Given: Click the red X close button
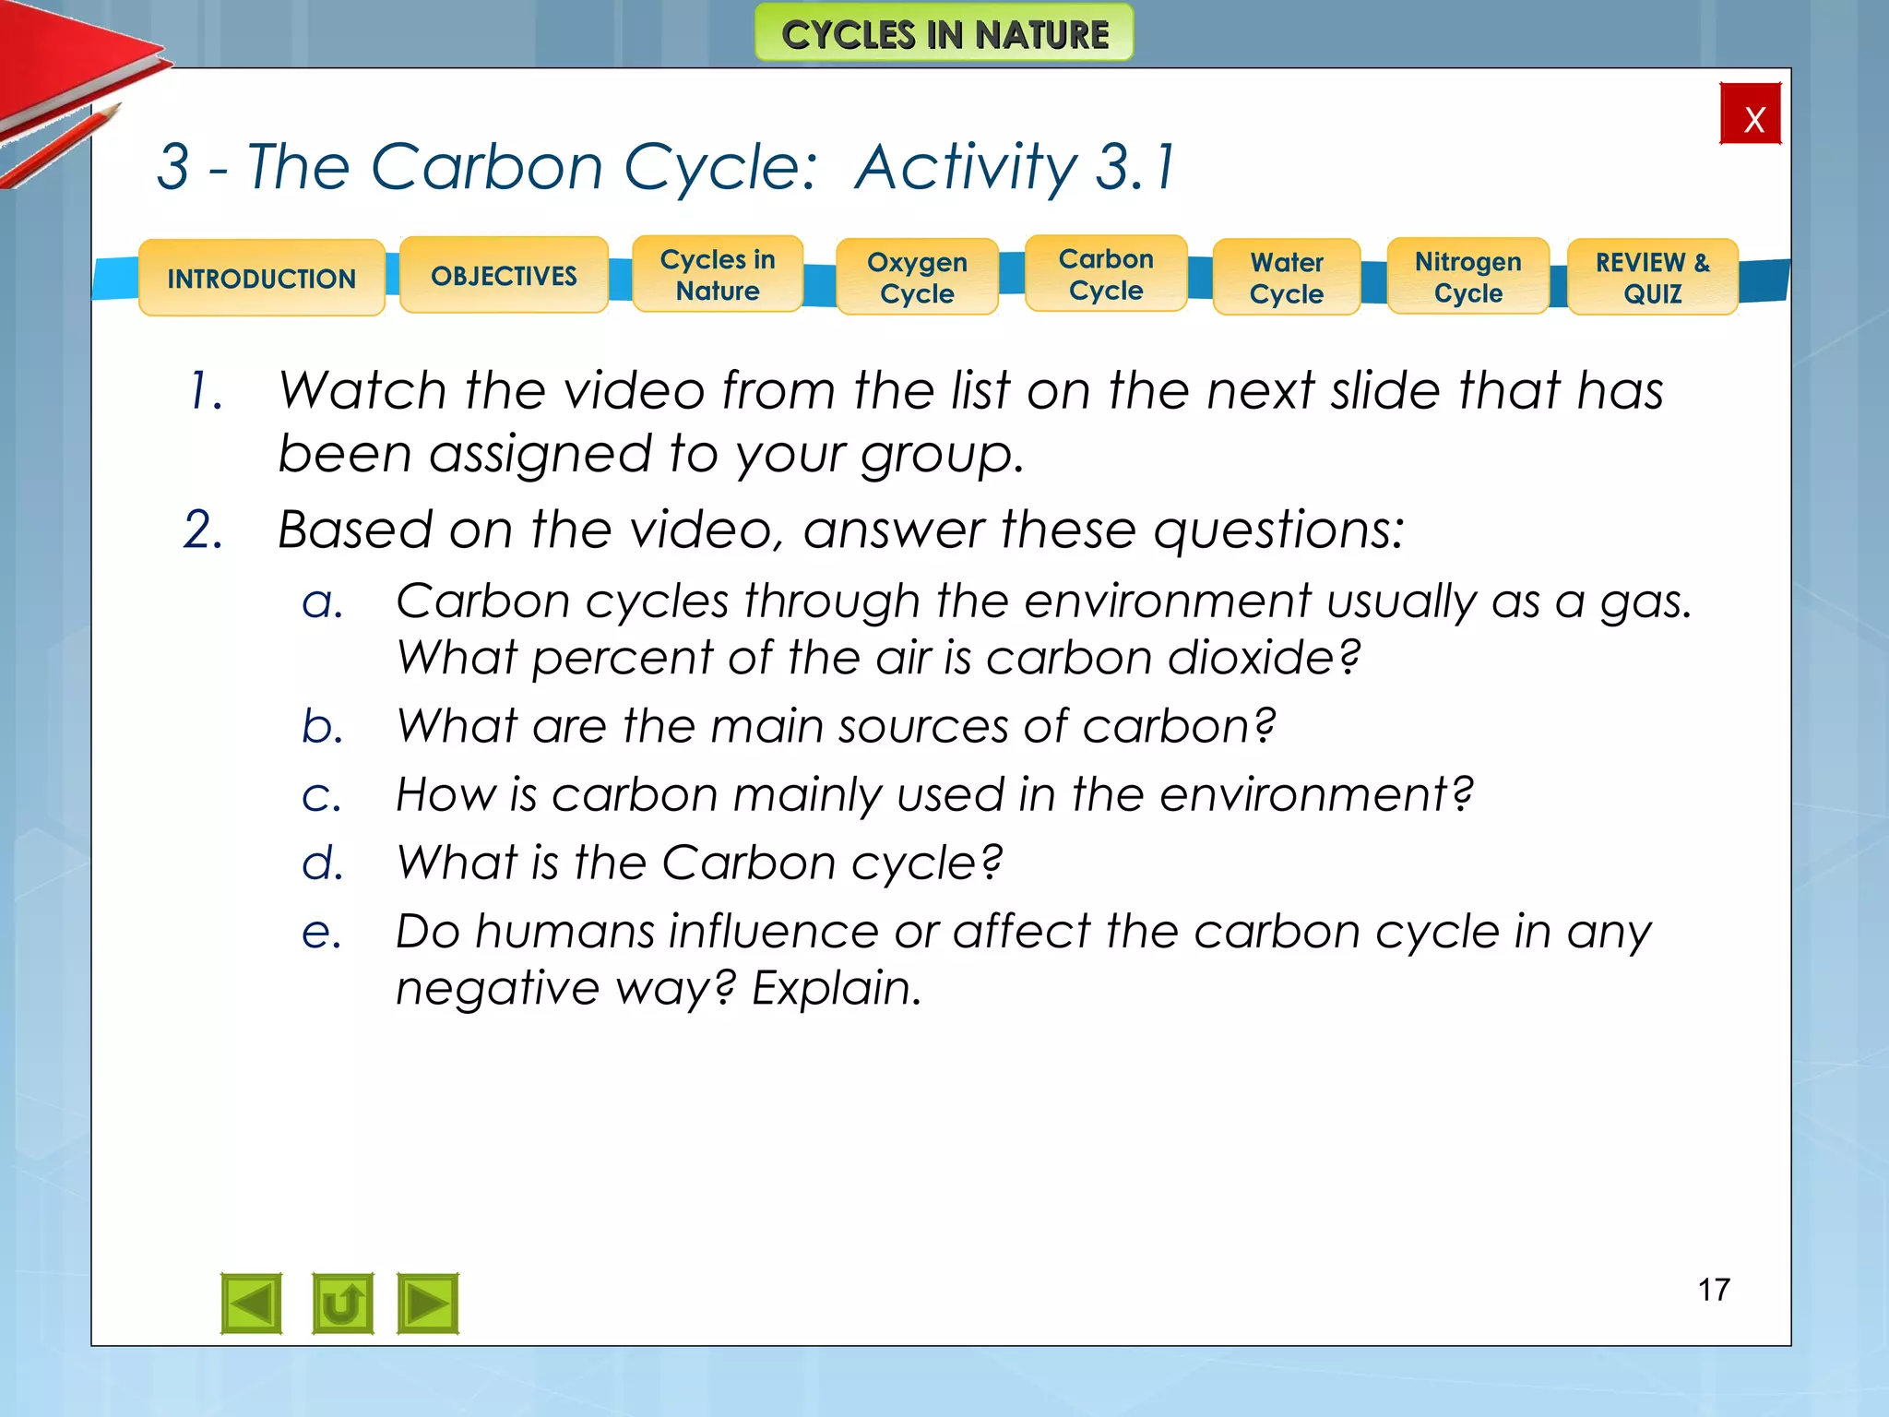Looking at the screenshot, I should coord(1750,114).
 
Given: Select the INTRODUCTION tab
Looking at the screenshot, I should coord(261,278).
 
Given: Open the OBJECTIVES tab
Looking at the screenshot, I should coord(504,275).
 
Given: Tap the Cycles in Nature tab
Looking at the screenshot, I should coord(718,275).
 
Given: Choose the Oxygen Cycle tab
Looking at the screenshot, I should coord(917,278).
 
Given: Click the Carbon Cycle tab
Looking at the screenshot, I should coord(1106,274).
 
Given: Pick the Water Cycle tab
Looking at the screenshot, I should coord(1287,278).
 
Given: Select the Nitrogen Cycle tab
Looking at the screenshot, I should coord(1467,277).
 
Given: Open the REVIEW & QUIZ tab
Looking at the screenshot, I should coord(1653,278).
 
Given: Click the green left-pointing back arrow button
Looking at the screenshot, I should coord(251,1304).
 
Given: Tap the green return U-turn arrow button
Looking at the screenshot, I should coord(342,1304).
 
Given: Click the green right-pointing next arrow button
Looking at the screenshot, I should coord(427,1304).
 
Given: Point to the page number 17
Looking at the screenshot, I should coord(1714,1290).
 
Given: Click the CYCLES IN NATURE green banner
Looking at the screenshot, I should coord(944,34).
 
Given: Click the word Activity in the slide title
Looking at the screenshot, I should coord(965,168).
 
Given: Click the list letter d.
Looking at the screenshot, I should coord(322,863).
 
